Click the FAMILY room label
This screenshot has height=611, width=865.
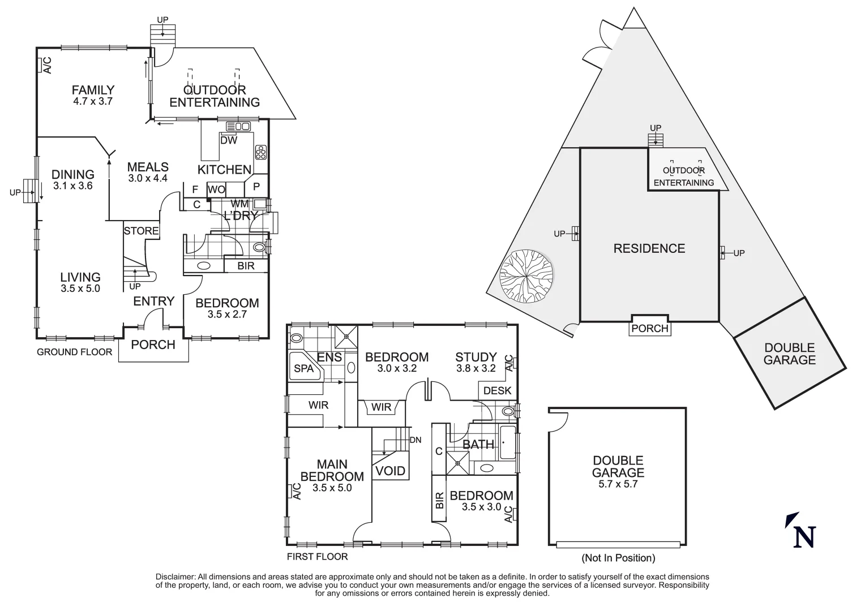coord(93,90)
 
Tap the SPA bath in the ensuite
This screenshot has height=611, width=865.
coord(304,368)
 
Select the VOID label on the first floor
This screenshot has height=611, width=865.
coord(391,471)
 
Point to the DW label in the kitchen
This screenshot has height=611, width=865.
coord(229,140)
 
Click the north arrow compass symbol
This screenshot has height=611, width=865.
coord(800,531)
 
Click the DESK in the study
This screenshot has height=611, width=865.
coord(498,390)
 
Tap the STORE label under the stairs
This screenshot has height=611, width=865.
coord(141,231)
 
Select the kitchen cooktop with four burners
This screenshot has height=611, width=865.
coord(262,152)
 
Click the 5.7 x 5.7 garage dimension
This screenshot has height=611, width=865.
coord(618,484)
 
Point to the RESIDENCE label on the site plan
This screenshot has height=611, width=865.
coord(649,248)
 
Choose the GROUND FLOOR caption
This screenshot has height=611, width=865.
coord(74,352)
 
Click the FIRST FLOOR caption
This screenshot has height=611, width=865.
coord(317,556)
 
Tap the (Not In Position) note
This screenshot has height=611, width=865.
coord(618,558)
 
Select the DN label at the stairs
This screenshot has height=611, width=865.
coord(415,440)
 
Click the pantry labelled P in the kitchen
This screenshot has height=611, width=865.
coord(256,186)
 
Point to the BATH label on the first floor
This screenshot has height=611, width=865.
coord(478,445)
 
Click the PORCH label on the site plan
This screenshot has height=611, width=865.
coord(650,329)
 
